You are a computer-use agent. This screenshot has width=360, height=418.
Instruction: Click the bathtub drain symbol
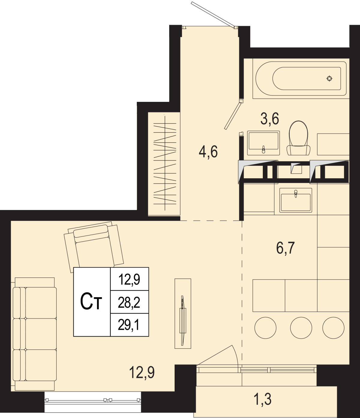coord(329,78)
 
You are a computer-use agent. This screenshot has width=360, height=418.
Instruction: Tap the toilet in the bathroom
coord(298,138)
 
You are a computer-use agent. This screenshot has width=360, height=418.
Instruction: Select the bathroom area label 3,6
coord(270,119)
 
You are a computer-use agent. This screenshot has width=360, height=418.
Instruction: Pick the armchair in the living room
coord(94,247)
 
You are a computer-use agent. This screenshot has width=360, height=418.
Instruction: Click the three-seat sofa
coord(34,334)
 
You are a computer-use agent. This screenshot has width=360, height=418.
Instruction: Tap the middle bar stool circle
coord(301,328)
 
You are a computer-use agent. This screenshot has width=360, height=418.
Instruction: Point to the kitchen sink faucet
coord(296,193)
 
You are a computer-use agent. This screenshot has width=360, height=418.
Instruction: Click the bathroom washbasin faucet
coord(263,150)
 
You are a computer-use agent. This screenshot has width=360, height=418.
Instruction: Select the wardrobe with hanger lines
coord(164,164)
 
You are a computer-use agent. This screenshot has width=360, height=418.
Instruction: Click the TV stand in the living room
coord(183,314)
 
